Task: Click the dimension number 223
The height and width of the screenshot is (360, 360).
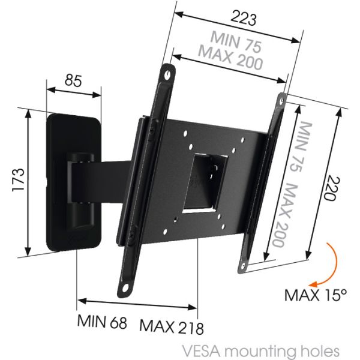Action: click(x=243, y=19)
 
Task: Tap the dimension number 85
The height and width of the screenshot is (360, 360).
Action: click(x=73, y=81)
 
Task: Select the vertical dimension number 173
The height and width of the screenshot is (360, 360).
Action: click(x=18, y=180)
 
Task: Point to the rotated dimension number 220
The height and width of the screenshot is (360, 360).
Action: click(x=331, y=188)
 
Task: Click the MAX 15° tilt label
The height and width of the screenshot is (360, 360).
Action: click(x=316, y=295)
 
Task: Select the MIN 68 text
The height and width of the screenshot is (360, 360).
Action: click(x=102, y=321)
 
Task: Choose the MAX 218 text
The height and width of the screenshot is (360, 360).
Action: click(x=172, y=326)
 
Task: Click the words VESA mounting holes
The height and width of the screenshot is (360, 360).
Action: click(x=260, y=351)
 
